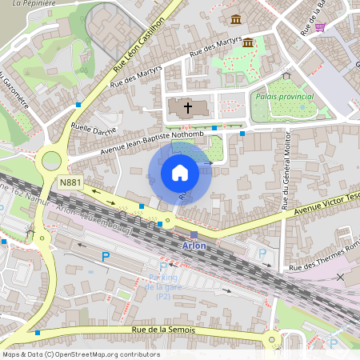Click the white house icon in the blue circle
[x=180, y=173]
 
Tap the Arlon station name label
[x=194, y=246]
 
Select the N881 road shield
[x=70, y=183]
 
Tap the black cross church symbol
[x=188, y=107]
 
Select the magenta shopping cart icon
[x=320, y=26]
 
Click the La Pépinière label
[x=27, y=4]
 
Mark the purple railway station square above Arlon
[x=194, y=235]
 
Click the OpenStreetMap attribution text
[x=80, y=354]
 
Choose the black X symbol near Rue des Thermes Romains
[x=342, y=277]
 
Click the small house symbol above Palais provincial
[x=286, y=76]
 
